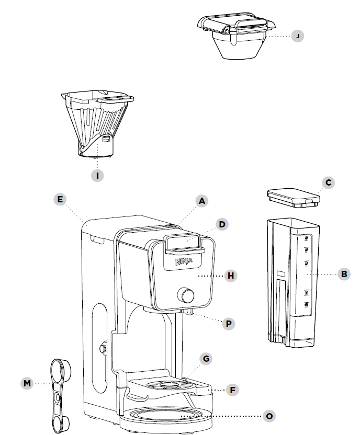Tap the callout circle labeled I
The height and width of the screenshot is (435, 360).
pos(97,176)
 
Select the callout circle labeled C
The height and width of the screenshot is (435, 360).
pos(328,182)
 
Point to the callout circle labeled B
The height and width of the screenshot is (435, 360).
pos(344,273)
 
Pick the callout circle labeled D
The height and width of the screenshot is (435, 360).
pos(222,224)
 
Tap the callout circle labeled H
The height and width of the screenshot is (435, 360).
pos(230,275)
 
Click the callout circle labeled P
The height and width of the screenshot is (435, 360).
pos(228,324)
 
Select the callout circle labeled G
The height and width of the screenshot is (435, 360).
pos(207,359)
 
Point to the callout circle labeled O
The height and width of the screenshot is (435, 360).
pos(269,416)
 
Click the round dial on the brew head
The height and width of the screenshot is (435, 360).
pos(186,295)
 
